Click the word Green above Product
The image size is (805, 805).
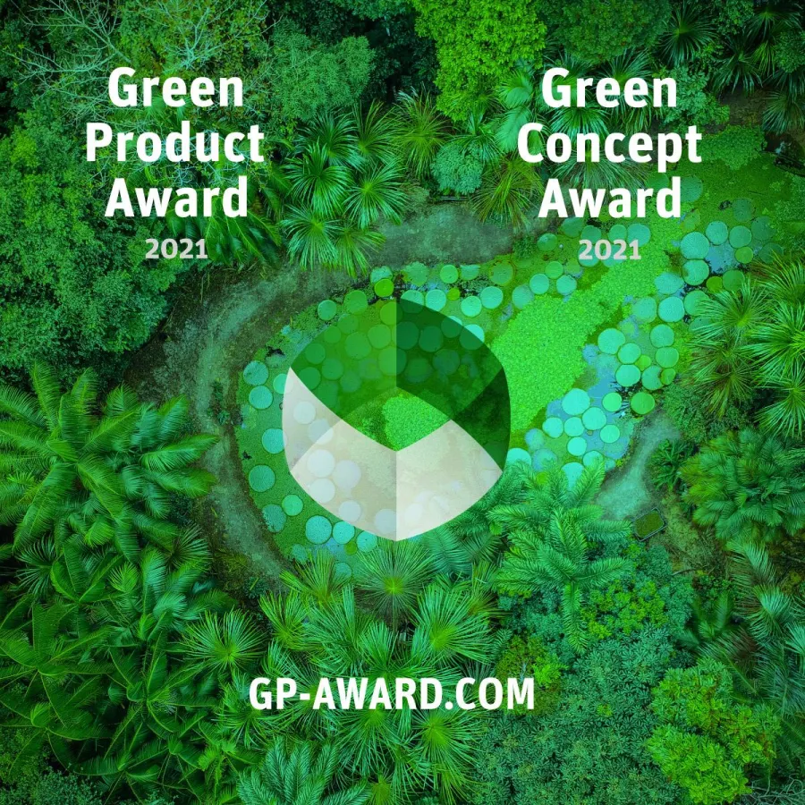tap(175, 91)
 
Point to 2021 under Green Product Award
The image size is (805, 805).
tap(176, 250)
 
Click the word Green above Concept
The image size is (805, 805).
tap(609, 91)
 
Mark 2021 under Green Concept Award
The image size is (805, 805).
tap(609, 250)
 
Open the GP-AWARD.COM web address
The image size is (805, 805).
tap(391, 694)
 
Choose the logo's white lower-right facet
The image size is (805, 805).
tap(447, 483)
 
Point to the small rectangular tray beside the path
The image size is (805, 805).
tap(648, 523)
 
